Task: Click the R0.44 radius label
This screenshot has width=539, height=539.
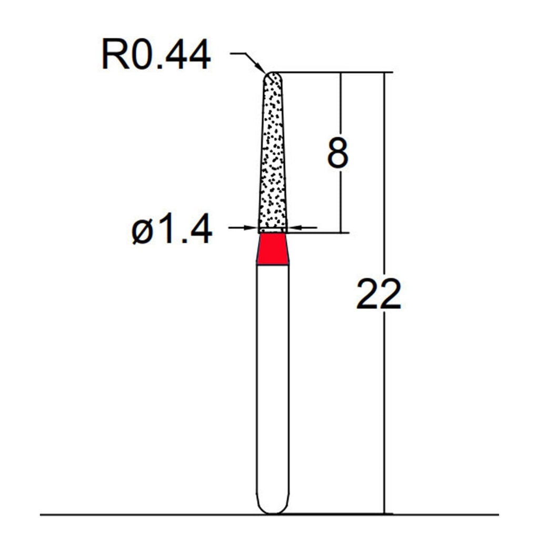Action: (x=156, y=55)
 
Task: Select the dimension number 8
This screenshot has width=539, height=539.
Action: (x=338, y=153)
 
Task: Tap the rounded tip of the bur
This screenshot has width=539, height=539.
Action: (x=273, y=77)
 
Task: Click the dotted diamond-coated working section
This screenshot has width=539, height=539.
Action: (x=273, y=151)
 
